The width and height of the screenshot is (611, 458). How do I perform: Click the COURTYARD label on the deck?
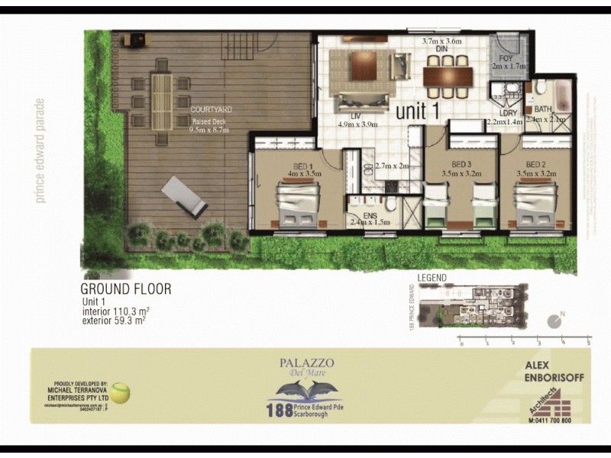[211, 110]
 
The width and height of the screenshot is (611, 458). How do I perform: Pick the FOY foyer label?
[506, 58]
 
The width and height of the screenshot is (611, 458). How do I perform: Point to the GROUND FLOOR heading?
[126, 289]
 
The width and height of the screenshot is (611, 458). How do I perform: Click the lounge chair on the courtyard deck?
[184, 196]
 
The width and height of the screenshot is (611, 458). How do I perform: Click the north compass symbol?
[555, 321]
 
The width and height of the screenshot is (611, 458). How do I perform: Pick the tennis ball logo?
[121, 394]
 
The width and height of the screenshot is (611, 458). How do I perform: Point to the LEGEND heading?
[432, 279]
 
